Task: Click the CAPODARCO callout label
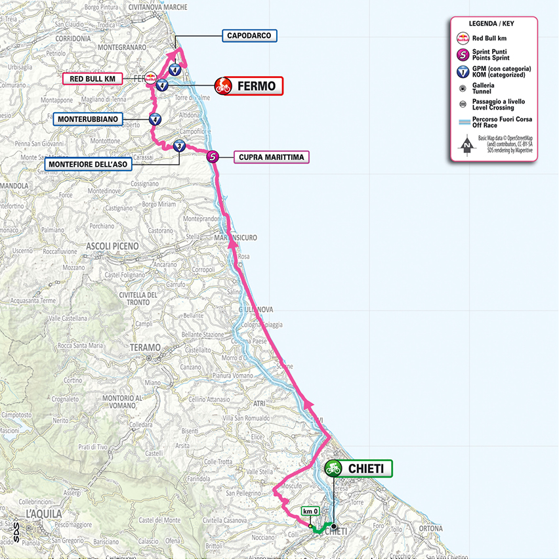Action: pos(250,35)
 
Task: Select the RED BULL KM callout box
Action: pos(92,79)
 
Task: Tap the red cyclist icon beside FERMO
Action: pos(224,85)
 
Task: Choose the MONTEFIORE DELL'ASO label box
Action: pos(87,163)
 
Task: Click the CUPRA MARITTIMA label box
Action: pos(270,157)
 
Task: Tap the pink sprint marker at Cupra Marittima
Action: pos(212,157)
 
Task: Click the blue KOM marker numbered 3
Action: pos(180,147)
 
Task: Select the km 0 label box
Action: pos(310,511)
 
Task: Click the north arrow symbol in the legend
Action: pos(466,145)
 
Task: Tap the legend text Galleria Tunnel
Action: pos(491,89)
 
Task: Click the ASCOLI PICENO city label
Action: pos(112,245)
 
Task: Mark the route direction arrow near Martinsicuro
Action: pos(232,245)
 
